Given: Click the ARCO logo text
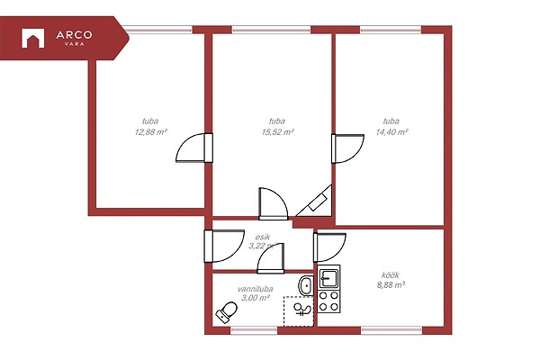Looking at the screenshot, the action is point(74,35).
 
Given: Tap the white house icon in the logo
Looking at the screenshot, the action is point(32,38).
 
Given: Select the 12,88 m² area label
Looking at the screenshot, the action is point(151,132).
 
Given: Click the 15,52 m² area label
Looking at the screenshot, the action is point(277,132).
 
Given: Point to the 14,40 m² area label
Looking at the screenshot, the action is point(391,132).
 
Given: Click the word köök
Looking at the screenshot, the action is point(391,274).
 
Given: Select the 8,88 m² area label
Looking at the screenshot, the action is point(391,285).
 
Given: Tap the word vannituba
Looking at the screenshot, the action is point(256,289).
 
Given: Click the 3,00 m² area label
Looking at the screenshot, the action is point(256,298).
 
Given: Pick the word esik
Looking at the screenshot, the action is point(263,237).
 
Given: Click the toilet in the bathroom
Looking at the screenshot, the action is point(227,312).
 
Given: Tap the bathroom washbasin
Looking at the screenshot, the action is point(306,285).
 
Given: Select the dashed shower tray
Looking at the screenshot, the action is point(299,311).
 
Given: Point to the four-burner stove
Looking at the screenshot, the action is point(328,301).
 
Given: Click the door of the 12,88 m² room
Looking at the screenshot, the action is point(193,148).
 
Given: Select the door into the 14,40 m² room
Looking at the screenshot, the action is point(347,148).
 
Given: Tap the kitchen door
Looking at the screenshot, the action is point(329,247).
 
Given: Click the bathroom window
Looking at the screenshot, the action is point(254,330).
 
